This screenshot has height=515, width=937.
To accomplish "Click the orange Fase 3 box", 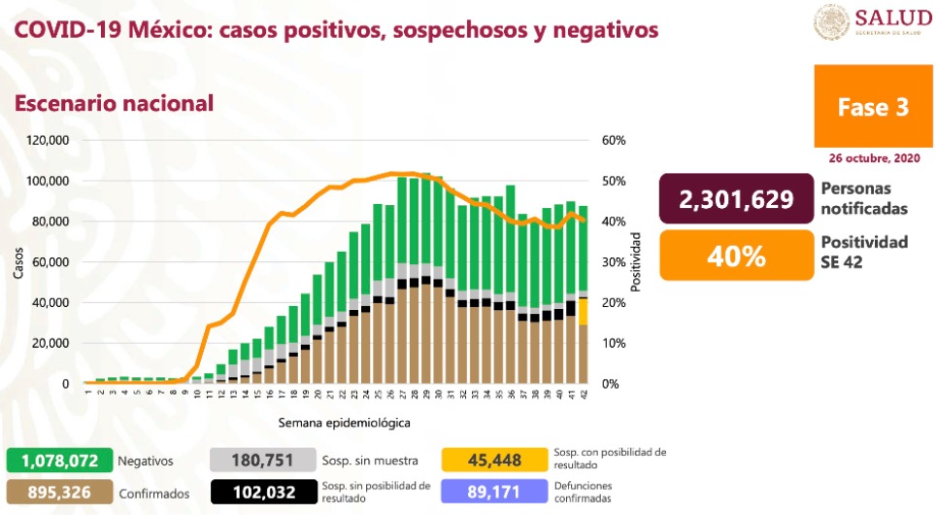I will [874, 108].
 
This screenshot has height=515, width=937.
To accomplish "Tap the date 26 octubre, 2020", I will [874, 157].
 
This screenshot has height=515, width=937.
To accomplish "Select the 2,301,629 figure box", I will [735, 199].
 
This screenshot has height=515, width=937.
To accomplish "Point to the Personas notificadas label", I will [863, 199].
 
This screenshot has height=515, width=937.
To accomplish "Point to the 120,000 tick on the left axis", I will [49, 140].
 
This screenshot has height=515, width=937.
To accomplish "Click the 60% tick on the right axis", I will [613, 140].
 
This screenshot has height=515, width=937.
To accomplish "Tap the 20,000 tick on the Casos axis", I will [51, 343].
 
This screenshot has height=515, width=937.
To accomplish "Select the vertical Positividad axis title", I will [637, 262].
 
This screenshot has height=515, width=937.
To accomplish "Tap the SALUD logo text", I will [887, 18].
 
